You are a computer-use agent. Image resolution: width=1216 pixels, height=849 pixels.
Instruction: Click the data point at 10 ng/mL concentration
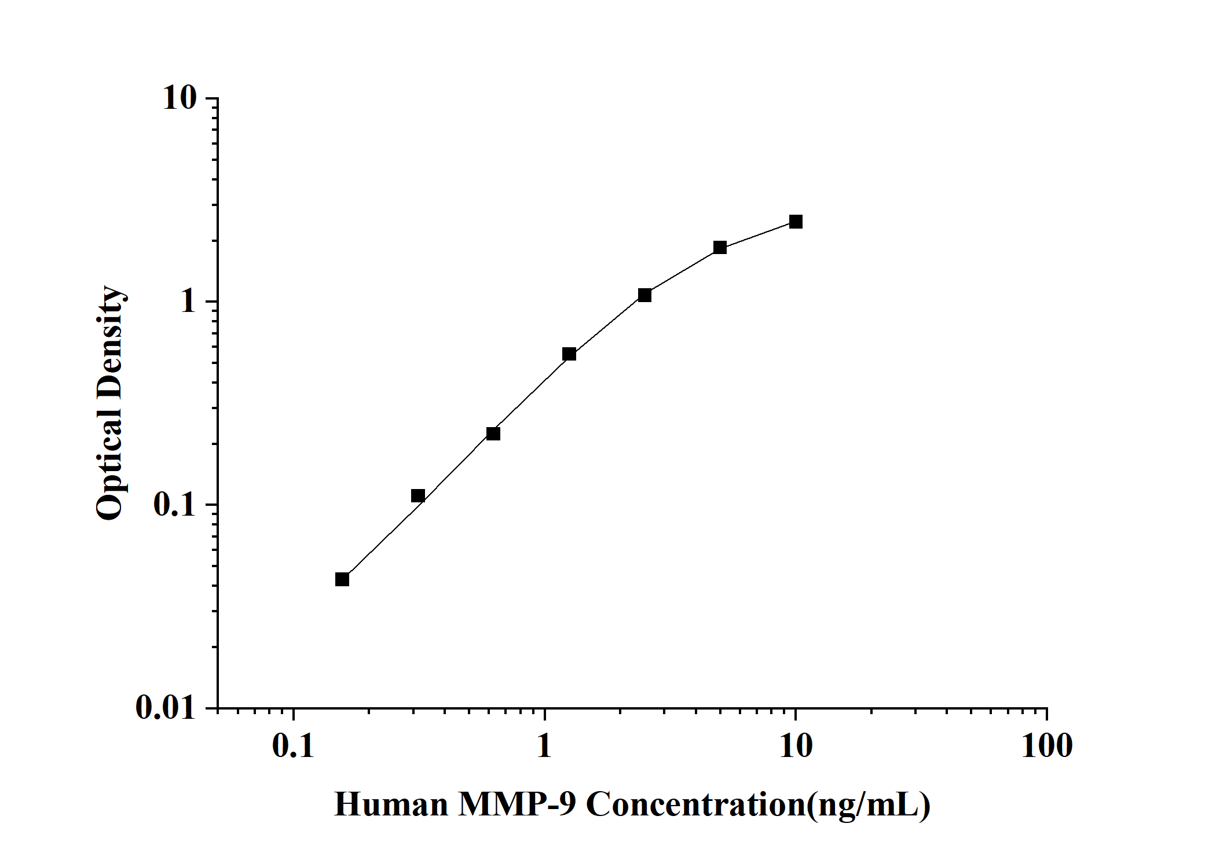click(796, 222)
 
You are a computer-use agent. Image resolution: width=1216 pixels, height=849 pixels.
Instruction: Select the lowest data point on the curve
click(342, 579)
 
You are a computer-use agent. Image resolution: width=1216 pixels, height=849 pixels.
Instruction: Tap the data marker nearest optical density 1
click(644, 295)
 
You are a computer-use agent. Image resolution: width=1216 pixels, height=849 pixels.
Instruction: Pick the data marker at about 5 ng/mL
click(720, 248)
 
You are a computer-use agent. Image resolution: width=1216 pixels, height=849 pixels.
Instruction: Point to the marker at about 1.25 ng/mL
click(569, 354)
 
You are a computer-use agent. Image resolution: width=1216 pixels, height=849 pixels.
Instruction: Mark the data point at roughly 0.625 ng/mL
click(493, 433)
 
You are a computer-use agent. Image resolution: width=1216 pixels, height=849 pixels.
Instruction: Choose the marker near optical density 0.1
click(418, 495)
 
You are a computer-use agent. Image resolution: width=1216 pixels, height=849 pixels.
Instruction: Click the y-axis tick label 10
click(180, 98)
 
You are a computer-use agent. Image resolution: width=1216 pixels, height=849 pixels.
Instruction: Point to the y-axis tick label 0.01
click(167, 707)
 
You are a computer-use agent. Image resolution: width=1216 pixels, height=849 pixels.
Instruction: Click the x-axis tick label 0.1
click(293, 747)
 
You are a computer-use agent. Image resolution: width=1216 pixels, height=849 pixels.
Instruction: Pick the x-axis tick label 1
click(544, 747)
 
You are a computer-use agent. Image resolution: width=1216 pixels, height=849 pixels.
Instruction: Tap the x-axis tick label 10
click(796, 747)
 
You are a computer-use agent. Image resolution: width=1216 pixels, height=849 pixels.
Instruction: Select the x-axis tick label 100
click(1046, 747)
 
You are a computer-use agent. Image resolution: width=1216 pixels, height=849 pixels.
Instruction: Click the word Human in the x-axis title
click(391, 805)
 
